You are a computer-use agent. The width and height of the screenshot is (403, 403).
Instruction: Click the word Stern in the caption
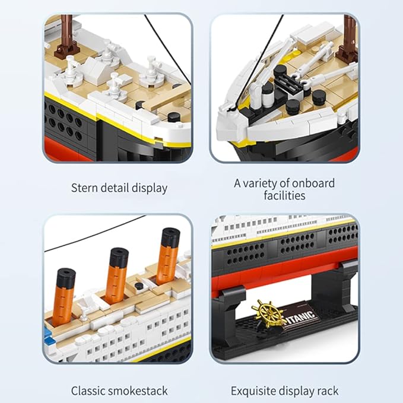tap(85, 188)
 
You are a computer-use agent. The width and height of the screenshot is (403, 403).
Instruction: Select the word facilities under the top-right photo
tap(284, 195)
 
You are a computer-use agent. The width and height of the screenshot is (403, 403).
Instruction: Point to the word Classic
tap(89, 391)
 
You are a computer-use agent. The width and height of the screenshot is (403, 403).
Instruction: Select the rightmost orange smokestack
tap(168, 252)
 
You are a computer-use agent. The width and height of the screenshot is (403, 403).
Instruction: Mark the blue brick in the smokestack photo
tap(47, 341)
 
